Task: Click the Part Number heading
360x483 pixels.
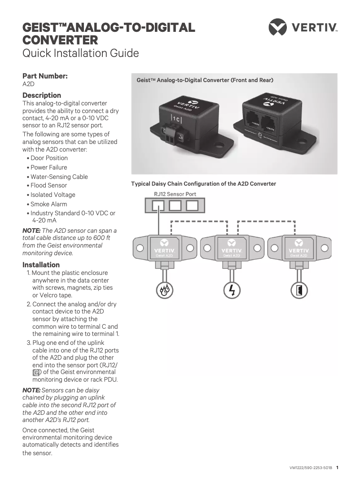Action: tap(45, 76)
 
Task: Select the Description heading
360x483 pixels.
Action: tap(42, 95)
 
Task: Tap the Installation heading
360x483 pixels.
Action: tap(41, 265)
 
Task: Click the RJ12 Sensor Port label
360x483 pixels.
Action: tap(175, 194)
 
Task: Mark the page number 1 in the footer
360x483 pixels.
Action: tap(337, 467)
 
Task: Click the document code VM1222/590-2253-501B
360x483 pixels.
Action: tap(311, 467)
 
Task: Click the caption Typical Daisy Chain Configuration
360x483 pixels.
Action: tap(203, 184)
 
